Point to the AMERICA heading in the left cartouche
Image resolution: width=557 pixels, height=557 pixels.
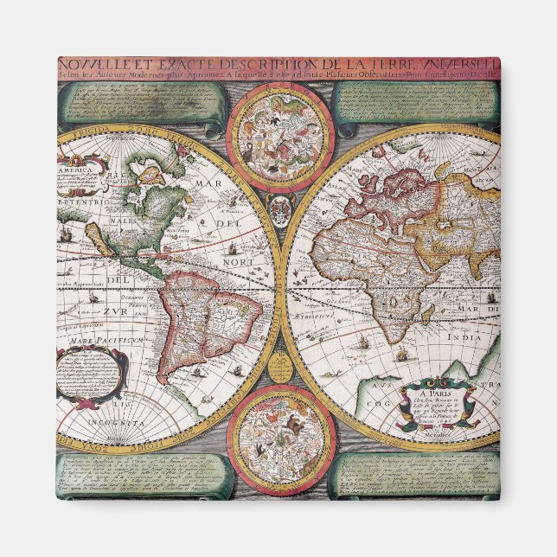point(75,170)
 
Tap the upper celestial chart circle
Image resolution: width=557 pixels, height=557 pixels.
point(282,135)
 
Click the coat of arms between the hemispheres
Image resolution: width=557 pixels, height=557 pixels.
point(280,210)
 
